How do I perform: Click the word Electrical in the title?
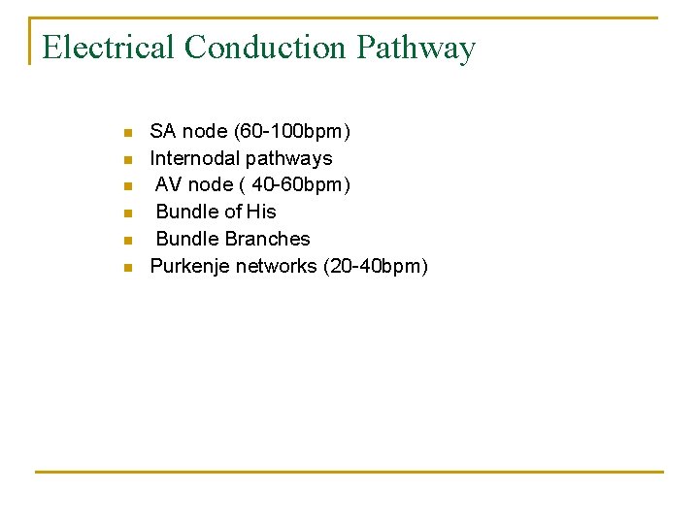[x=109, y=48]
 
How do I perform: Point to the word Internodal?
[x=194, y=158]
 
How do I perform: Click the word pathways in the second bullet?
[x=288, y=158]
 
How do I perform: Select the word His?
[x=261, y=212]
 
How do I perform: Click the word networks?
[x=277, y=266]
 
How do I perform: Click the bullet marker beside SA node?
[x=126, y=132]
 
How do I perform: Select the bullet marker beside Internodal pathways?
[x=126, y=159]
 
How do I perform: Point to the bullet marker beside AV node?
[x=126, y=185]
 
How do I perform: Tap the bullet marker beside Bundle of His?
[x=126, y=213]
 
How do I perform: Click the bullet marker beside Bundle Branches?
[x=126, y=240]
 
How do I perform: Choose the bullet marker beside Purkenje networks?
[x=126, y=267]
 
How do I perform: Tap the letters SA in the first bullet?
[x=162, y=131]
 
